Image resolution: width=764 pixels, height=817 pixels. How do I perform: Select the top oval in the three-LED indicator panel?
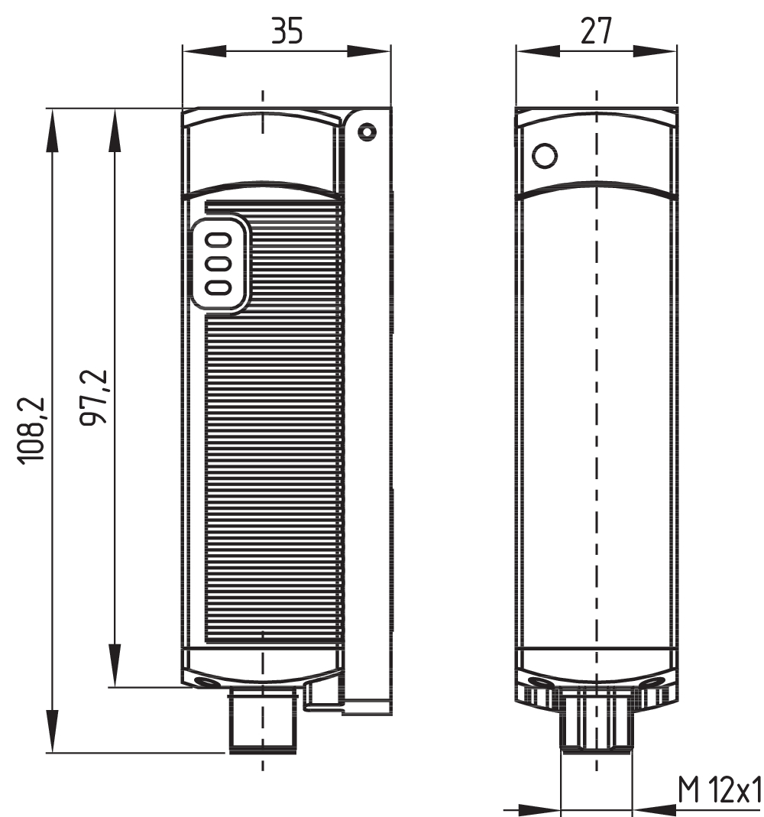(x=219, y=240)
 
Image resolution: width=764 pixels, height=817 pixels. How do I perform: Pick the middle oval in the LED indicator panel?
(x=219, y=263)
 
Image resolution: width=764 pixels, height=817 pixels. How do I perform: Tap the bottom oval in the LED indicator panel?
(x=219, y=286)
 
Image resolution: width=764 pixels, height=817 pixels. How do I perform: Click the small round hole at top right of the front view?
(x=368, y=132)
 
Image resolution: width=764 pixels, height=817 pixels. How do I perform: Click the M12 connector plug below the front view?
(x=262, y=721)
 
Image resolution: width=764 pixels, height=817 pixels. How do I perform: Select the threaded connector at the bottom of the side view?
(x=596, y=721)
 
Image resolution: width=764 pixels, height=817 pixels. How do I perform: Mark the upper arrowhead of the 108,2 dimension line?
(x=52, y=130)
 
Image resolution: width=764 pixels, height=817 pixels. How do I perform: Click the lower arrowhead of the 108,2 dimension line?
(x=52, y=732)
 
